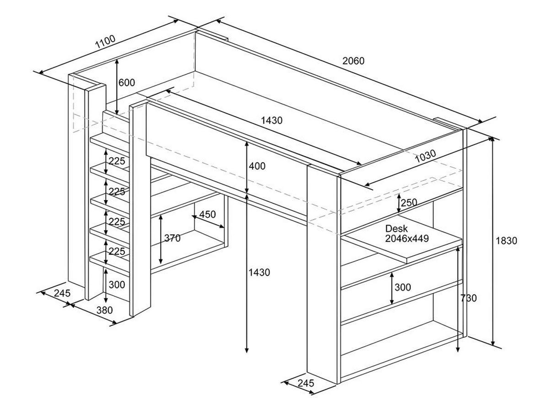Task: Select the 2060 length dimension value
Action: point(353,61)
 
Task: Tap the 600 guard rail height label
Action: point(127,83)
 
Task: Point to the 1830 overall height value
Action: point(506,241)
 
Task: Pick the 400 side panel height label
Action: point(257,166)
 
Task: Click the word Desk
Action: point(396,228)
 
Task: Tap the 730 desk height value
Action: point(468,298)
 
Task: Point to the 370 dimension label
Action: point(172,238)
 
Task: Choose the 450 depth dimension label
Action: point(207,215)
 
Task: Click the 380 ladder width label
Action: point(104,311)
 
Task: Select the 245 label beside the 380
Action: point(62,293)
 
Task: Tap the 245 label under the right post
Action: point(305,383)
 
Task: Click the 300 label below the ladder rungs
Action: point(117,285)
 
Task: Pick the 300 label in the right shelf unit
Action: point(403,287)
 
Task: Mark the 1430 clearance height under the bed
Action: point(259,273)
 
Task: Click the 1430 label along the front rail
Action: point(272,121)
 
